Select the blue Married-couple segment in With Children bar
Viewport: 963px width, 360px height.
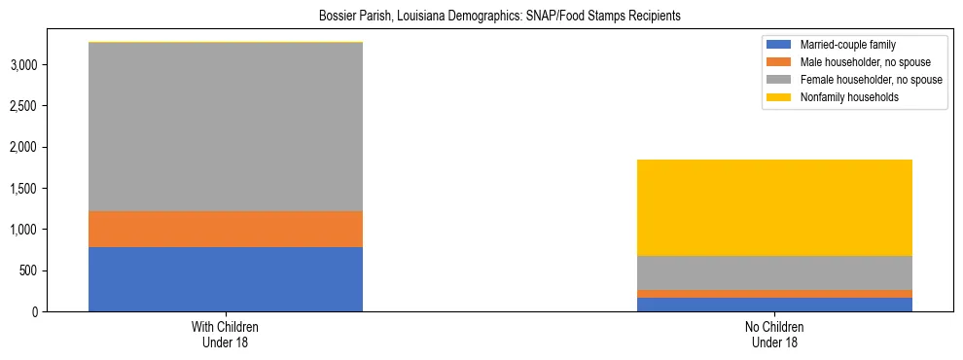[225, 279]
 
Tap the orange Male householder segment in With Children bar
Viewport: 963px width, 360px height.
[225, 230]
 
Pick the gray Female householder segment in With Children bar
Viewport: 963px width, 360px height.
[225, 126]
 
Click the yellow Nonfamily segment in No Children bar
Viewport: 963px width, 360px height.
[775, 207]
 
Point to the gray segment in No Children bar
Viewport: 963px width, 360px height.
[775, 272]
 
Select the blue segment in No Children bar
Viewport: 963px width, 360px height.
[775, 305]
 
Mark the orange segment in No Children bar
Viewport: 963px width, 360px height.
[775, 294]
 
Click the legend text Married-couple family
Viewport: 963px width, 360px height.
[847, 45]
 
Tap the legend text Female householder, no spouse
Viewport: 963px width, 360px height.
[871, 80]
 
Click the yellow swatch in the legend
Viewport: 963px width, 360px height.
[780, 97]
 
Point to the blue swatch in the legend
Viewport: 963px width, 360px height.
[780, 45]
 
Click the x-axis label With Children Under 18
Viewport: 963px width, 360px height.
[225, 335]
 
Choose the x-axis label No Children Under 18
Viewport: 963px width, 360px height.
[775, 335]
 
